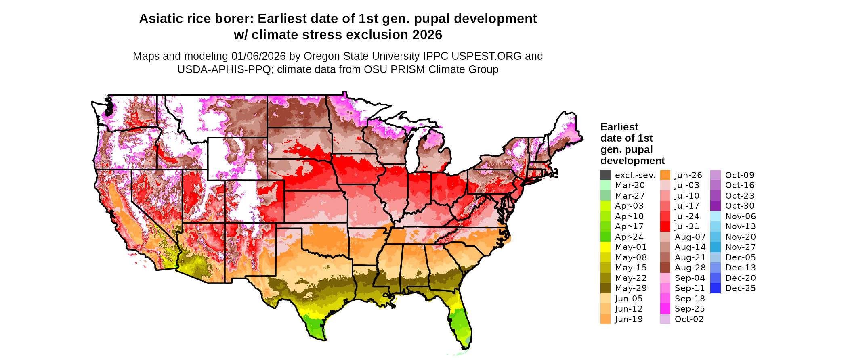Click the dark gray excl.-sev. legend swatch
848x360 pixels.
point(605,175)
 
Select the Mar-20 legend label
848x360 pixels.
point(630,185)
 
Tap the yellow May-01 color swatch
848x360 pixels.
point(605,247)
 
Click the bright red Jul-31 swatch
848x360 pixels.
point(665,226)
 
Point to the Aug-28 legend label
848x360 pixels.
point(690,268)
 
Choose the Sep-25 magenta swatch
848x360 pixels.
point(665,309)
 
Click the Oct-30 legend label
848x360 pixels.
point(739,206)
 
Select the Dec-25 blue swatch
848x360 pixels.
point(716,288)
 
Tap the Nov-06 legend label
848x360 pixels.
point(740,216)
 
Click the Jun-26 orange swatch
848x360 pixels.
point(665,175)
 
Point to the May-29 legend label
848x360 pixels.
point(631,288)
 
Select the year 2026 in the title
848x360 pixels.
point(427,35)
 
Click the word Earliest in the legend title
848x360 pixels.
point(619,127)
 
